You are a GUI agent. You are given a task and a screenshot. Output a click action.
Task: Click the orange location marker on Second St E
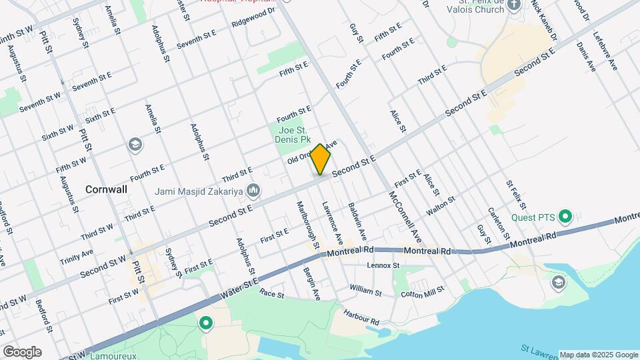pyautogui.click(x=321, y=160)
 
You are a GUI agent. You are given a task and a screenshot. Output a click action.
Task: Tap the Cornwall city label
pyautogui.click(x=106, y=189)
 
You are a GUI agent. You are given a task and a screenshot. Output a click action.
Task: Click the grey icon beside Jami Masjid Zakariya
pyautogui.click(x=253, y=191)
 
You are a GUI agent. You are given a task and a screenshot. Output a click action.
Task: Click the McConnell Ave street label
pyautogui.click(x=406, y=216)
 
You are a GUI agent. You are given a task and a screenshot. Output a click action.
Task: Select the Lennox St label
pyautogui.click(x=383, y=265)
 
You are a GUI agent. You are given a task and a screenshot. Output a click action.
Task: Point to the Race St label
pyautogui.click(x=272, y=293)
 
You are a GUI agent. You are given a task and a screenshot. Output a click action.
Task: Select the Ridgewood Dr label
pyautogui.click(x=253, y=17)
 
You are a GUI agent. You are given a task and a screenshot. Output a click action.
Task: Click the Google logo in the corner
pyautogui.click(x=22, y=352)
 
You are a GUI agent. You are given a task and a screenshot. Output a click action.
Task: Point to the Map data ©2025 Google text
pyautogui.click(x=598, y=355)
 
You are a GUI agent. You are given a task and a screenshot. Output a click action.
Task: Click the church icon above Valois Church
pyautogui.click(x=513, y=6)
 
